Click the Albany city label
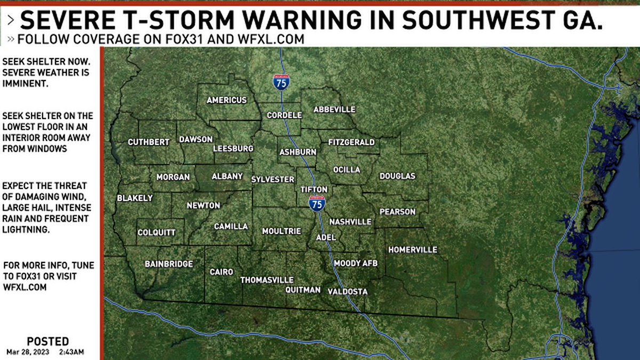tap(227, 176)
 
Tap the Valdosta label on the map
tap(347, 291)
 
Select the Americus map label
tap(227, 100)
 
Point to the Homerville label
tap(412, 250)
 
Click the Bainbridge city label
tap(169, 263)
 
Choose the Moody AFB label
tap(355, 263)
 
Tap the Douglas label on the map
tap(397, 176)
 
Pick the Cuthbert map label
tap(148, 142)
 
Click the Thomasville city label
tap(267, 279)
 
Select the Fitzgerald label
tap(351, 142)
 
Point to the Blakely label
tap(134, 198)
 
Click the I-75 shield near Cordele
tap(281, 82)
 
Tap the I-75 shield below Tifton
tap(317, 203)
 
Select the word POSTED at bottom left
tap(47, 341)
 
